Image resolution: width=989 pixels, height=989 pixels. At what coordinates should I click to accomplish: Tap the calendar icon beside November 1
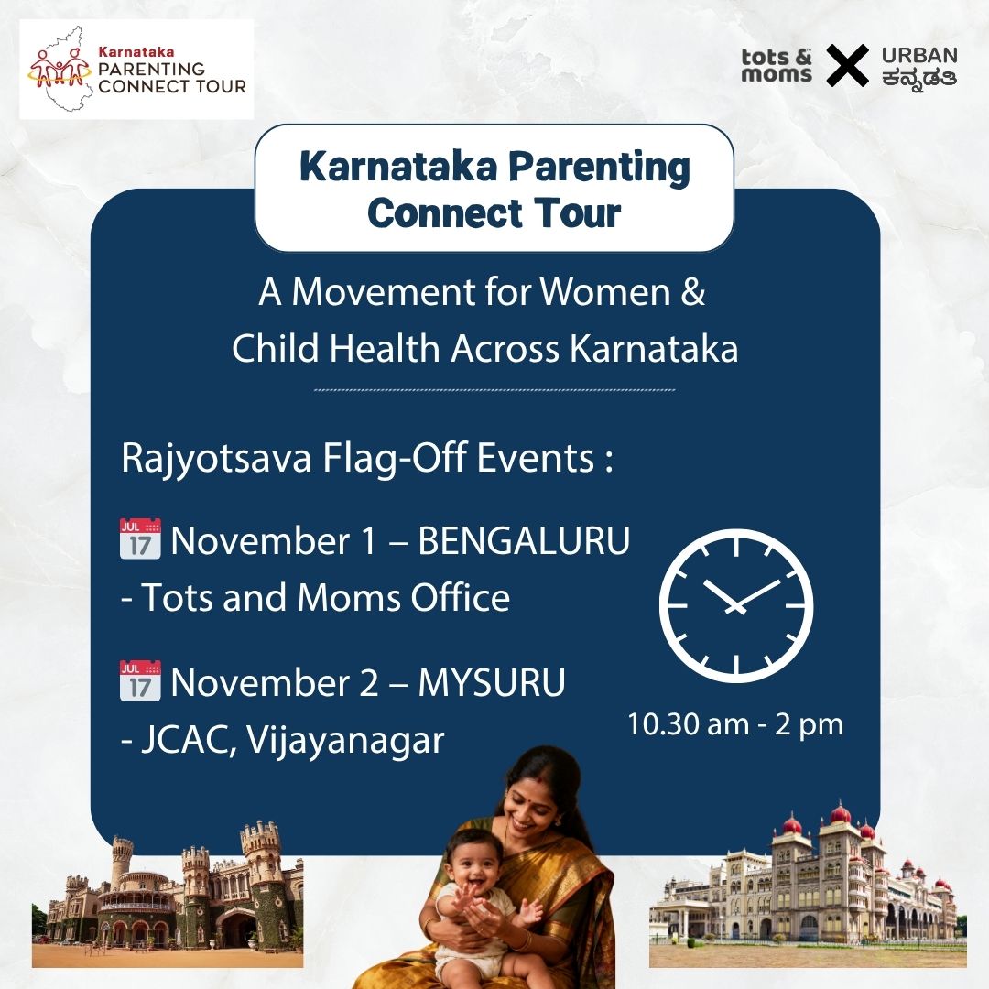point(140,539)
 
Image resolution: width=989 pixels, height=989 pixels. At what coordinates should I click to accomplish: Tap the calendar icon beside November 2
point(140,681)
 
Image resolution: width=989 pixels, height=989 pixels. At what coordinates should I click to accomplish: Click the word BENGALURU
point(524,541)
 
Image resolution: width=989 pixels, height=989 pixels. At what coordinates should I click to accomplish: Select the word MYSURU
point(492,683)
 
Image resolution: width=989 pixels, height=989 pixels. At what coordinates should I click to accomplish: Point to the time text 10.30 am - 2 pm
point(735,724)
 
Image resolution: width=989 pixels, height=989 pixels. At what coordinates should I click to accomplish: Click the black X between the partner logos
point(847,66)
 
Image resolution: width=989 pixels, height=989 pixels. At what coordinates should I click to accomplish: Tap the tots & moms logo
point(777,65)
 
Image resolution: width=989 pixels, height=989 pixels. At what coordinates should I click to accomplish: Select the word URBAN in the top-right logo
point(919,55)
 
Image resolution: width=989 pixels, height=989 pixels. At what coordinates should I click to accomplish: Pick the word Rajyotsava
point(216,458)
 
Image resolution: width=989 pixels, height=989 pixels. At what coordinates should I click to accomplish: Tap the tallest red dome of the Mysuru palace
point(839,814)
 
